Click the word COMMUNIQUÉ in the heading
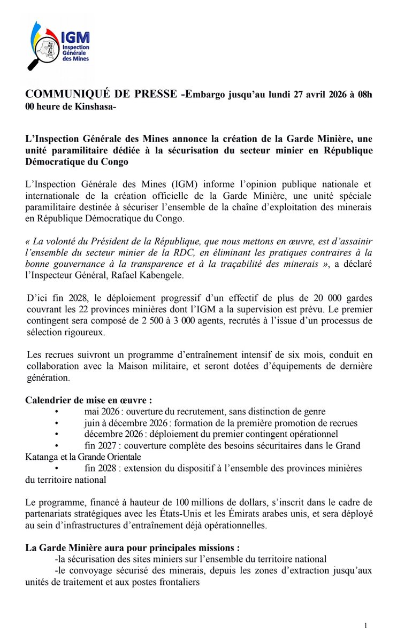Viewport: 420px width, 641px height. click(64, 95)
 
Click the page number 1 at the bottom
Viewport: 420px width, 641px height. click(365, 625)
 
